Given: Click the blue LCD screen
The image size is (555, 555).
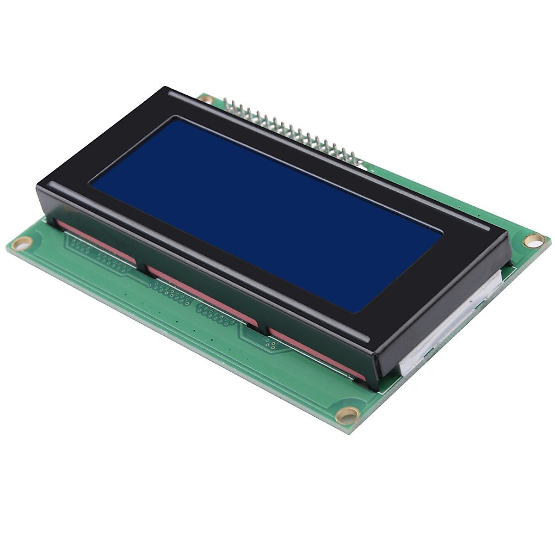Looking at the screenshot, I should tap(264, 213).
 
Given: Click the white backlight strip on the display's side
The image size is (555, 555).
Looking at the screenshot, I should tap(449, 333).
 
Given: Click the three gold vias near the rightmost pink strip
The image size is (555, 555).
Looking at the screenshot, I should tap(271, 344).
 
